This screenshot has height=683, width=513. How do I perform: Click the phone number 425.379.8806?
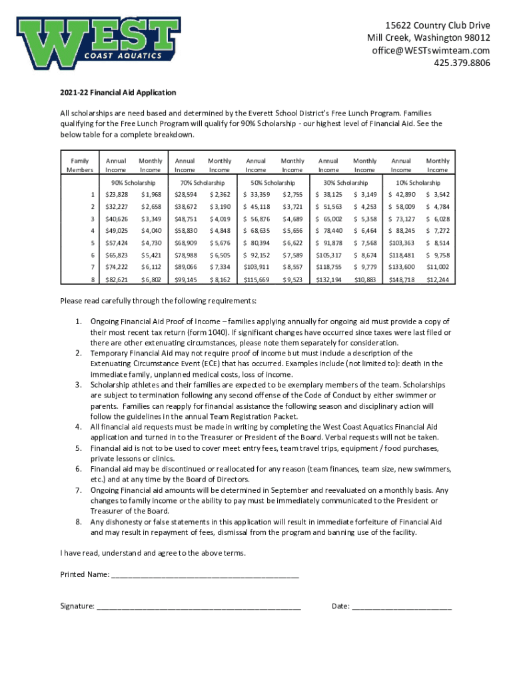(x=462, y=63)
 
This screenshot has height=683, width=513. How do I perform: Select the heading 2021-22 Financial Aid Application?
(x=118, y=93)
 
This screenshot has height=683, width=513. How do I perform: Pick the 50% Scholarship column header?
(x=272, y=182)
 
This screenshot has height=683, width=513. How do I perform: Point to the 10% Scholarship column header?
(x=418, y=182)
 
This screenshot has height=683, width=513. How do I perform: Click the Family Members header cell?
(x=80, y=165)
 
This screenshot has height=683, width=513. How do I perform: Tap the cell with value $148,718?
(x=402, y=279)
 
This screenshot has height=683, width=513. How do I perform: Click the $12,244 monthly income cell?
(x=437, y=279)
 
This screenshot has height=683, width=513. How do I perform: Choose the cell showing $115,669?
(x=256, y=279)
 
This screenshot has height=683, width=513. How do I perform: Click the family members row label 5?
(x=93, y=243)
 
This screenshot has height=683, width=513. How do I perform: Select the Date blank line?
(x=401, y=606)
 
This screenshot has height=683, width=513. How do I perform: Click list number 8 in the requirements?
(x=78, y=522)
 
